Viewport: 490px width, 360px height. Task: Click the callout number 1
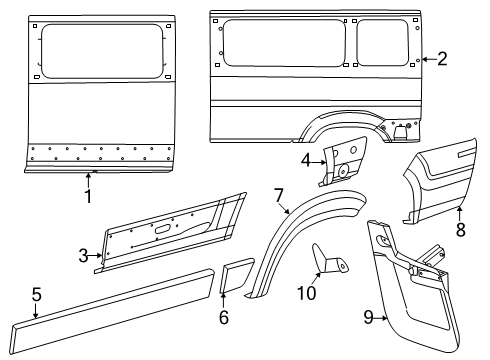coord(87,197)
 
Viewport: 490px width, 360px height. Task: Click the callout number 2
coord(442,59)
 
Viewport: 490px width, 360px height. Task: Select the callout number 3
coord(84,255)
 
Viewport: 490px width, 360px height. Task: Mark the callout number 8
coord(461,228)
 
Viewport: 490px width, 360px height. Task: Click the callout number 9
coord(369,317)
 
